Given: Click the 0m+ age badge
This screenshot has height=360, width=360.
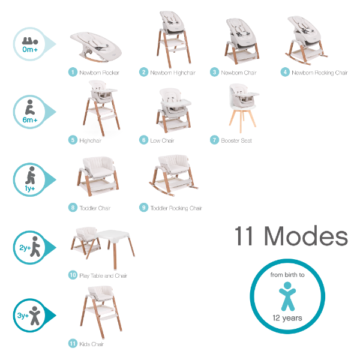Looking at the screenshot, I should coord(29,43).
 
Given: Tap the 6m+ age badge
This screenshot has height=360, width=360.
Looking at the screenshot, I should coord(29,111).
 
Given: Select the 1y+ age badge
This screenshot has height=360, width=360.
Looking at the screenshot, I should coord(29,179).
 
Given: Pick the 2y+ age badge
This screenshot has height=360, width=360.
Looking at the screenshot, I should coord(29,247).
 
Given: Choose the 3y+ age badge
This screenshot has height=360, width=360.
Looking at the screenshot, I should coord(29,314).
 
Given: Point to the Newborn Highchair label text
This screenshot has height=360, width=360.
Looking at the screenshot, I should coord(173,73).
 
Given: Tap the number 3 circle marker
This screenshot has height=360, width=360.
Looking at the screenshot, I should coord(214,72).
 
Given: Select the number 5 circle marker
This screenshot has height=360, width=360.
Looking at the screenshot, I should coord(73,140).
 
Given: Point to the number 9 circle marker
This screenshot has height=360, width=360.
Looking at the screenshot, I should coord(143,208).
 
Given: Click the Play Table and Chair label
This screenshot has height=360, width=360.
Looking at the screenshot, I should coord(103,275).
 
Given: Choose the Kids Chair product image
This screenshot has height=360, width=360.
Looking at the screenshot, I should coord(98,312).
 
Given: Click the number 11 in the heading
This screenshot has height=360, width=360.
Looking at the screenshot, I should coord(246,236).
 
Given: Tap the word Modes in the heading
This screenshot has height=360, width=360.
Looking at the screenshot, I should coord(307,236).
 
